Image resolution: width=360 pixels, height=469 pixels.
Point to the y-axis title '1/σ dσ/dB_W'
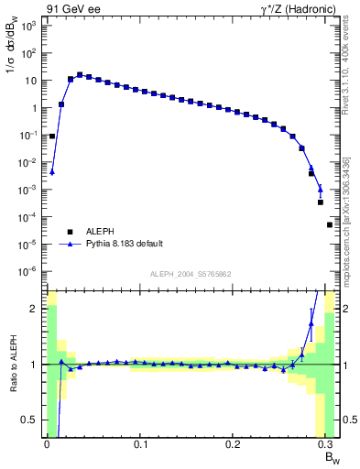tap(12, 53)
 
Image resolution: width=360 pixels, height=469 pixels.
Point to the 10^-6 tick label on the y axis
tap(28, 271)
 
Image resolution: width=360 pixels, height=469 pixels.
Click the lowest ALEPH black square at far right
tap(330, 224)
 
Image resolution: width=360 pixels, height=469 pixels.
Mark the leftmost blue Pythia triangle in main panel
tap(52, 171)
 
